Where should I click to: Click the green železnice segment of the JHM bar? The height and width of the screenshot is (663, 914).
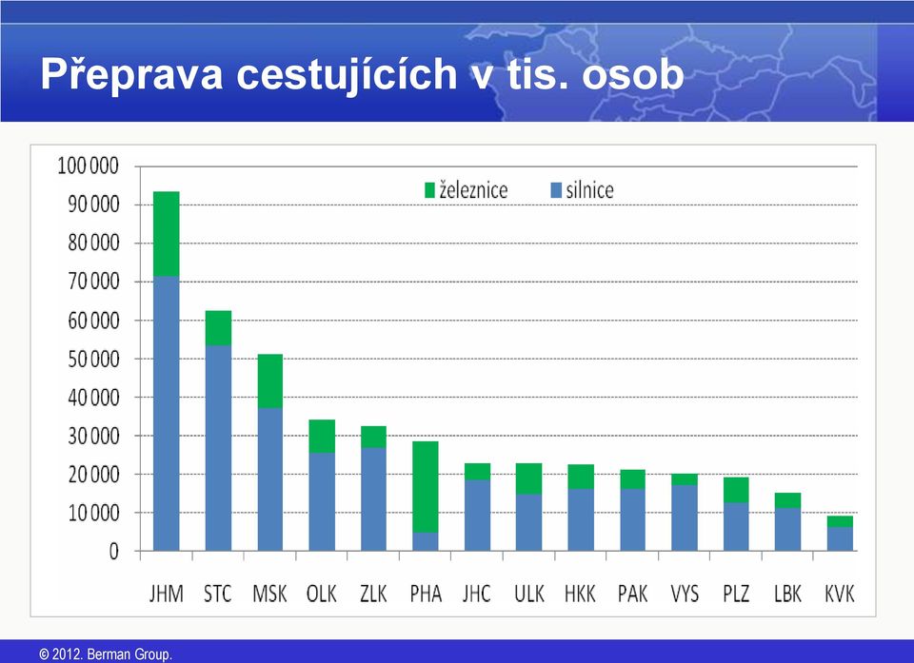tap(166, 234)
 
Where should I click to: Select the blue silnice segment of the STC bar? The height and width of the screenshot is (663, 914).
tap(218, 448)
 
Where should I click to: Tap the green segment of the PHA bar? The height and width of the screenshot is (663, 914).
tap(426, 487)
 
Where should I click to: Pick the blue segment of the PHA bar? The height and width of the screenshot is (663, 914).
tap(426, 542)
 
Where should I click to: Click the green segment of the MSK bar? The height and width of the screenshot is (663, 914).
tap(269, 381)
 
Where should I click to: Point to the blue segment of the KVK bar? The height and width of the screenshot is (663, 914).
tap(840, 539)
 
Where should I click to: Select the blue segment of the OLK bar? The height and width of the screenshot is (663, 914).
tap(322, 501)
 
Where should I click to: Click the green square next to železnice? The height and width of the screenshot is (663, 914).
tap(429, 190)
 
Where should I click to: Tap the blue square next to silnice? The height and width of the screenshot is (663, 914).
tap(556, 190)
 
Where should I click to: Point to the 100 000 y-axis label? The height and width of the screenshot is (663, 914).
tap(88, 166)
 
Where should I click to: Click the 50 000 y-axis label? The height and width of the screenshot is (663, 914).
tap(93, 359)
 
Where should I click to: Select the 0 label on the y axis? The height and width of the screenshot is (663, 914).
tap(113, 551)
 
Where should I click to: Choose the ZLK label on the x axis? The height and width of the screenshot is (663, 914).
tap(373, 594)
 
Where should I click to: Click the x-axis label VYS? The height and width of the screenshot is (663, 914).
tap(685, 594)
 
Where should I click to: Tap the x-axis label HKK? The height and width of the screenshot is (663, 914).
tap(581, 594)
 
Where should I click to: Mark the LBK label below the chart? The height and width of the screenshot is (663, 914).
tap(788, 594)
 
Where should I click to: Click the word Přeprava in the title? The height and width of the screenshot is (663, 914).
tap(131, 74)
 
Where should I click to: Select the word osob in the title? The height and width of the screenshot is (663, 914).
tap(632, 74)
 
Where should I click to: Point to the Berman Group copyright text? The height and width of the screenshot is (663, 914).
tap(106, 654)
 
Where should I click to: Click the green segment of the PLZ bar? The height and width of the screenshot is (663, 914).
tap(736, 490)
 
